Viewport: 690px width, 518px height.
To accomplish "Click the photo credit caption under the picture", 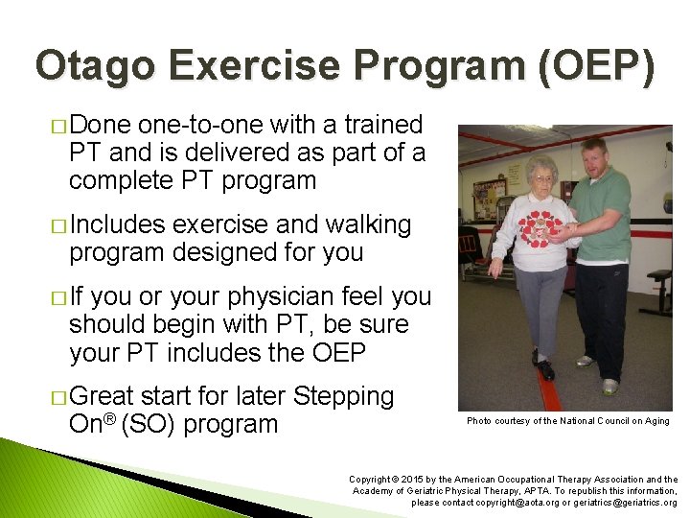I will (x=567, y=421).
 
